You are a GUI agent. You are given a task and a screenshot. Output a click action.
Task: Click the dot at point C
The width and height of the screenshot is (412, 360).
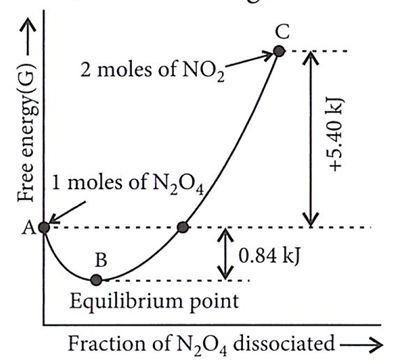pos(279,51)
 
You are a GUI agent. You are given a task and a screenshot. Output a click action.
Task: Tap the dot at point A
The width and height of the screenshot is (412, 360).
pos(44,228)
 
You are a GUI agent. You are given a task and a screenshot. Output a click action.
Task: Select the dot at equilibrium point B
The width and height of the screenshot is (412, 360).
pos(96,280)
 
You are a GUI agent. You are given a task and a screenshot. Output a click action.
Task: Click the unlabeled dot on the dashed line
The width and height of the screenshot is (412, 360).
pos(183,227)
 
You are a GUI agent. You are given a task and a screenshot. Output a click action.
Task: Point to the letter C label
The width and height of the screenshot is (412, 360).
pos(282,32)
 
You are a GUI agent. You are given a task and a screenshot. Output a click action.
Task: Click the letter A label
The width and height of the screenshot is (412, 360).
pos(28,228)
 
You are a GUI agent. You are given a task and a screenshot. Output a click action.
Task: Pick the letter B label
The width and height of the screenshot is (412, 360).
pos(101,260)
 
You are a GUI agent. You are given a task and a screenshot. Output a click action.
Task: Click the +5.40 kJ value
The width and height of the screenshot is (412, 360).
pos(336,135)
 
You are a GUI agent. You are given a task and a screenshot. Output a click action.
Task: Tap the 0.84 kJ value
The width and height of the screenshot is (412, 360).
pos(269,256)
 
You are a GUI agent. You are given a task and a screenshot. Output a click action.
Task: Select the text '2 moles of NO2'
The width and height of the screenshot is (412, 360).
pos(152,71)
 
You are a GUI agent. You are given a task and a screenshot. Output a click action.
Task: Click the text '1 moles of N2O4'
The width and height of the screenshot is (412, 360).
pos(127,184)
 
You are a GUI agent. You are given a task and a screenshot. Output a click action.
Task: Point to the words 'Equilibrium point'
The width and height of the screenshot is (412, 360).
pos(154,302)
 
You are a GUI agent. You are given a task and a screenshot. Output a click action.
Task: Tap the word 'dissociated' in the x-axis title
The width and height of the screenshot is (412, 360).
pos(283,343)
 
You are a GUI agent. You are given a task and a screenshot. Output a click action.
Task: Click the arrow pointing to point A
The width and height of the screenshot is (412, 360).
pos(67,212)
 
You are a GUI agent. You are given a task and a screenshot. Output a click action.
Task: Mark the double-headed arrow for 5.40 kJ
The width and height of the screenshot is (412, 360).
pos(311,139)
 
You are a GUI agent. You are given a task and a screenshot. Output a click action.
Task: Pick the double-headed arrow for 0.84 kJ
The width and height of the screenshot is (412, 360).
pos(225,253)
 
